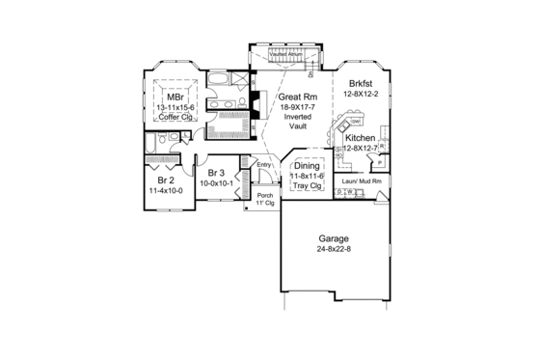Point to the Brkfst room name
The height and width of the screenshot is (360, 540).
361,84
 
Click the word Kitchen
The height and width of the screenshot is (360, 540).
359,139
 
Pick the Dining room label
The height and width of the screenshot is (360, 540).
308,166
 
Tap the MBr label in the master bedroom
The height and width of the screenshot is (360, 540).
175,97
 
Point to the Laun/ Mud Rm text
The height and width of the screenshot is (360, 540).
359,180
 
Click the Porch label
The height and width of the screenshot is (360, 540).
264,197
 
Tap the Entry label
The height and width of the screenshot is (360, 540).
263,165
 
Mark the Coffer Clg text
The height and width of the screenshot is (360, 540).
175,117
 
